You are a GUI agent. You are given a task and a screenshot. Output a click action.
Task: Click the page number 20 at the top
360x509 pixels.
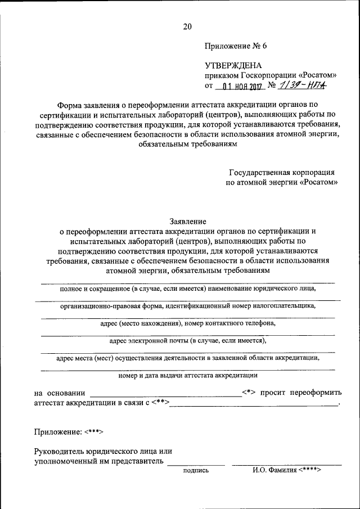(x=187, y=26)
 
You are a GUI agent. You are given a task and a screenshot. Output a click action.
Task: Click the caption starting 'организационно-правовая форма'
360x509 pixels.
(x=188, y=307)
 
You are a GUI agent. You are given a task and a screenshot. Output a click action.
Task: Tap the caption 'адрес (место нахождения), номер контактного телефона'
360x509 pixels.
(x=188, y=324)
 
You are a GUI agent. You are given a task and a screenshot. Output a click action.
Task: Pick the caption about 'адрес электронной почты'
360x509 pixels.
(x=188, y=340)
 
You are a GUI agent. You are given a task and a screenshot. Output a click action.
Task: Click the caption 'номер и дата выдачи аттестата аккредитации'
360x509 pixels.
(x=188, y=375)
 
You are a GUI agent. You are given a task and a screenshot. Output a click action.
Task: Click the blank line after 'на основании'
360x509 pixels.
(x=165, y=397)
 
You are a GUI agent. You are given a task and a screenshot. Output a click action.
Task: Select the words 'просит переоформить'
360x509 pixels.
(x=304, y=393)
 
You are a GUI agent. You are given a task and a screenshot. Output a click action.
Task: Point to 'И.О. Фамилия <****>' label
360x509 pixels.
(x=286, y=470)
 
